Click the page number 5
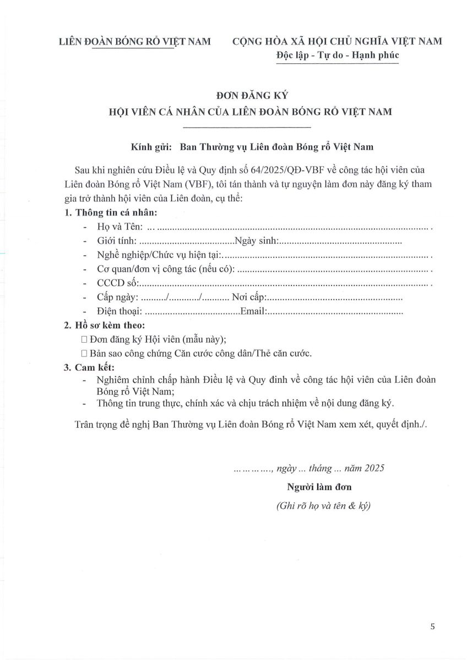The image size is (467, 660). pos(432,626)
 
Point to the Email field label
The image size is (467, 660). pos(253,312)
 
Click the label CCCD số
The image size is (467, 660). pos(117,284)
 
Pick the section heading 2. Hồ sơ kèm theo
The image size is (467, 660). pos(105,326)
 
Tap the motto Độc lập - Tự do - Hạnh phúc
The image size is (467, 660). pos(337,55)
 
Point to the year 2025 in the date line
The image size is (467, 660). pos(374,468)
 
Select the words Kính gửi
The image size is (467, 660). pos(148,147)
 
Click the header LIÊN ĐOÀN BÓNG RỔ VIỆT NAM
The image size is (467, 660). pos(135,41)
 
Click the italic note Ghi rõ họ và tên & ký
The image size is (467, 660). pos(323,507)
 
